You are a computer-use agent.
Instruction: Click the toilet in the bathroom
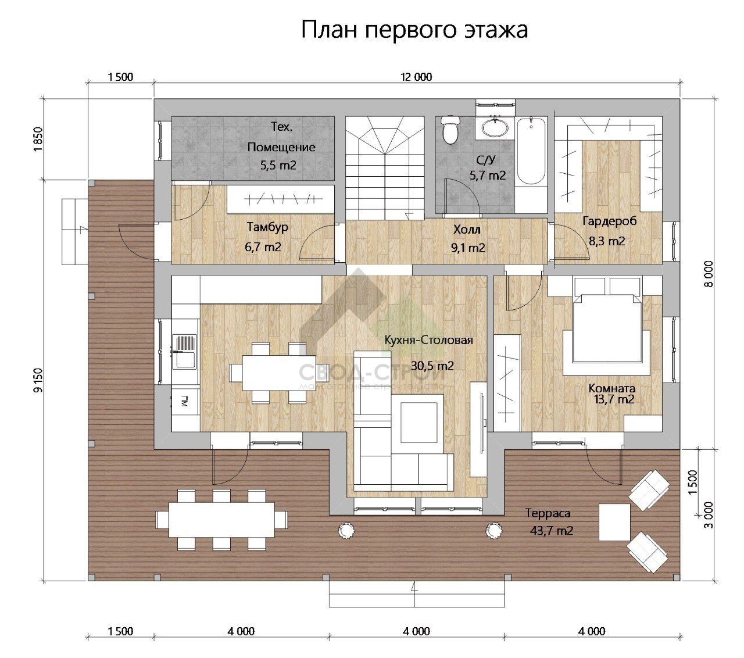(x=450, y=129)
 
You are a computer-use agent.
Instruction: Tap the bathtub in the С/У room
(x=531, y=151)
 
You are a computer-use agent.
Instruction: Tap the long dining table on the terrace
(x=221, y=519)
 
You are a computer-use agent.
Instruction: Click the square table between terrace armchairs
(x=614, y=521)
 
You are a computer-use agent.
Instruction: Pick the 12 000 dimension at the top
(x=417, y=77)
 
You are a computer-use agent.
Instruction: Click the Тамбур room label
(x=267, y=227)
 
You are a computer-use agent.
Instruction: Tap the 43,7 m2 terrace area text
(x=552, y=530)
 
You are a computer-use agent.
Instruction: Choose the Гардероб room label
(x=609, y=221)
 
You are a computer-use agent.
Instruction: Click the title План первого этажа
(x=414, y=30)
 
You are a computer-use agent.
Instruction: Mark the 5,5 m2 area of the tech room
(x=278, y=165)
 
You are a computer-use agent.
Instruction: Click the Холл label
(x=467, y=230)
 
